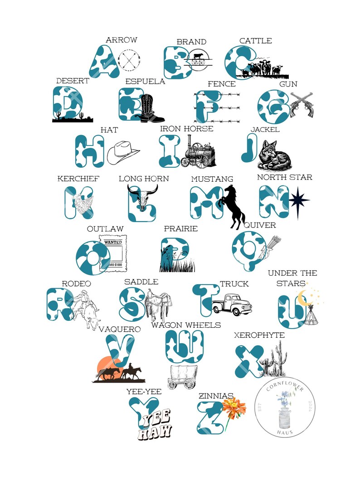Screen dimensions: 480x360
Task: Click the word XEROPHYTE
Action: (259, 335)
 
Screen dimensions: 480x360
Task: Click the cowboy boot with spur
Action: (150, 109)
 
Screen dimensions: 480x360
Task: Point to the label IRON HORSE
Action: (186, 129)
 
